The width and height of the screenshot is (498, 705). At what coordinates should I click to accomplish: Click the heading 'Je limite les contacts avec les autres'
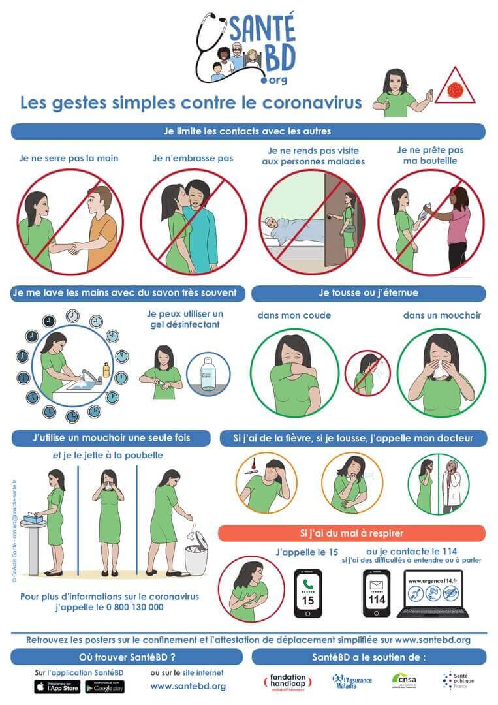(x=248, y=131)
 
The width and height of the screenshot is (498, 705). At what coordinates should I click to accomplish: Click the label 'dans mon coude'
(x=294, y=315)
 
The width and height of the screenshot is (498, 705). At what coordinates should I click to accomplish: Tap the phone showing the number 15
(x=307, y=593)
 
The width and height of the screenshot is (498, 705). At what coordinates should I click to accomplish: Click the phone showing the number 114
(x=376, y=593)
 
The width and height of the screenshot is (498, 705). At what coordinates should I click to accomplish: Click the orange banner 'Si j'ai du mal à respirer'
(x=352, y=533)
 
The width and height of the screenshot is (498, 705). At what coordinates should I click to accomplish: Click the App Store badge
(x=57, y=686)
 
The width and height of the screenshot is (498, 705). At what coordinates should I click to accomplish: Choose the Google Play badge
(x=104, y=686)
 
